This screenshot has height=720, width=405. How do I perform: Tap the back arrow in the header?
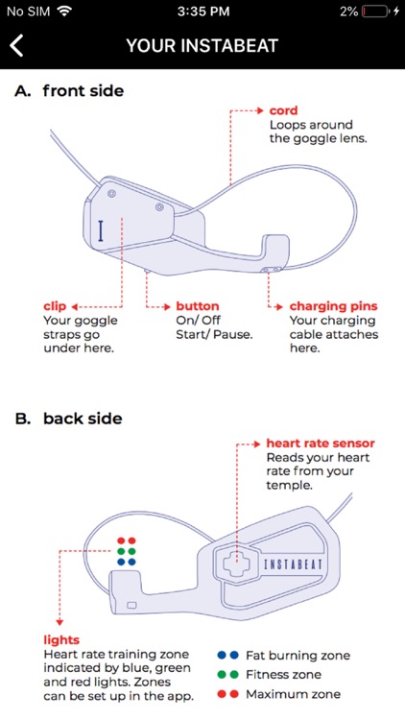pyautogui.click(x=16, y=46)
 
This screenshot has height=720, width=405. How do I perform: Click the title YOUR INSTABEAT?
pyautogui.click(x=202, y=46)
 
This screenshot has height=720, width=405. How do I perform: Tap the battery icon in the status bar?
pyautogui.click(x=376, y=12)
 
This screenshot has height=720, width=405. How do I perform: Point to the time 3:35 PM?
pyautogui.click(x=202, y=12)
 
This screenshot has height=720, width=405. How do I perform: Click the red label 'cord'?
pyautogui.click(x=283, y=110)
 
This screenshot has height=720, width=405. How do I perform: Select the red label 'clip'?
pyautogui.click(x=55, y=307)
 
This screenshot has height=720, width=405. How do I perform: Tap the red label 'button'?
pyautogui.click(x=198, y=306)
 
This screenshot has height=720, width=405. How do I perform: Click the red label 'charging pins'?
pyautogui.click(x=333, y=307)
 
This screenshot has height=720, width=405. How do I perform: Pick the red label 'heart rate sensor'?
pyautogui.click(x=321, y=444)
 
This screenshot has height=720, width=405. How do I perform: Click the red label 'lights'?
pyautogui.click(x=61, y=640)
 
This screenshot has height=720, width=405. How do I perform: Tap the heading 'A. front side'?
pyautogui.click(x=69, y=91)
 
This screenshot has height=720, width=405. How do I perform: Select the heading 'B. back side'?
pyautogui.click(x=69, y=419)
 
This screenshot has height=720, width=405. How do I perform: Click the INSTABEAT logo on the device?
pyautogui.click(x=294, y=564)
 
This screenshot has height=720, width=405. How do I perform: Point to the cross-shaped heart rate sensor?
pyautogui.click(x=236, y=564)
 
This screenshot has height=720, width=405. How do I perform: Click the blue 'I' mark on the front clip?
pyautogui.click(x=101, y=231)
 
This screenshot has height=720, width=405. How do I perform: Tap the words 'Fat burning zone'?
pyautogui.click(x=298, y=656)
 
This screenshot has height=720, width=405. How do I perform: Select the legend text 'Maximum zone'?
pyautogui.click(x=293, y=694)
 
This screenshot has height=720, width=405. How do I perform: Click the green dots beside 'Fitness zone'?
pyautogui.click(x=228, y=675)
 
